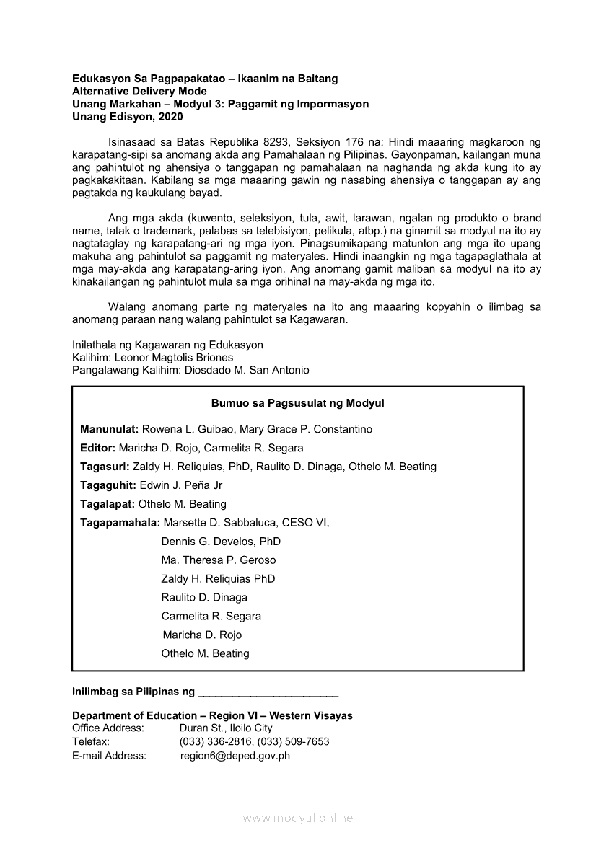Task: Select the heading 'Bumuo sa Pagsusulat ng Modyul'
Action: pos(297,404)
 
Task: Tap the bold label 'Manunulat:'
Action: pos(109,430)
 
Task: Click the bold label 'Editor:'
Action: pos(98,449)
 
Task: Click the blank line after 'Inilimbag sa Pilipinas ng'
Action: pos(268,693)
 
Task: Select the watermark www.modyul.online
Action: pos(297,818)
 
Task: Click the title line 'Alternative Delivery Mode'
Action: pos(139,92)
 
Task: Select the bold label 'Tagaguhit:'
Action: pos(108,486)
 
